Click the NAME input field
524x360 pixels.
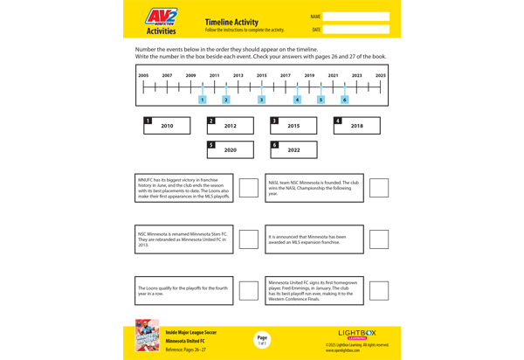355,17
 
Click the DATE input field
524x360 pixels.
355,30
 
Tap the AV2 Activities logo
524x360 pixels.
161,20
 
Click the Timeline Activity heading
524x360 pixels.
231,22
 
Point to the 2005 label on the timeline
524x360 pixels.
144,75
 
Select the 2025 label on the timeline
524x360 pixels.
380,75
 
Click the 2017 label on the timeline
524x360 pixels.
286,75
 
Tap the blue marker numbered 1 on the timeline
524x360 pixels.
203,100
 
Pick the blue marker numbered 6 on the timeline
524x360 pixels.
344,100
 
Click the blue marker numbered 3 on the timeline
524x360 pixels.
261,100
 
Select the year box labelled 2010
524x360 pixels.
167,126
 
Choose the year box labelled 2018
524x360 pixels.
356,126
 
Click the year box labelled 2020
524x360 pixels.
231,149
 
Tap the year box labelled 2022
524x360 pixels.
293,149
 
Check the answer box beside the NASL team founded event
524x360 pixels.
379,188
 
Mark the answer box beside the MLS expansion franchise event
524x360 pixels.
379,239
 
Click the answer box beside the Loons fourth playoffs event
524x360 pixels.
249,290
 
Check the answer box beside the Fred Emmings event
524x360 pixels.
379,290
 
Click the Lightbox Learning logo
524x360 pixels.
356,335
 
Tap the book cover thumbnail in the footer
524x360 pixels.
147,336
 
